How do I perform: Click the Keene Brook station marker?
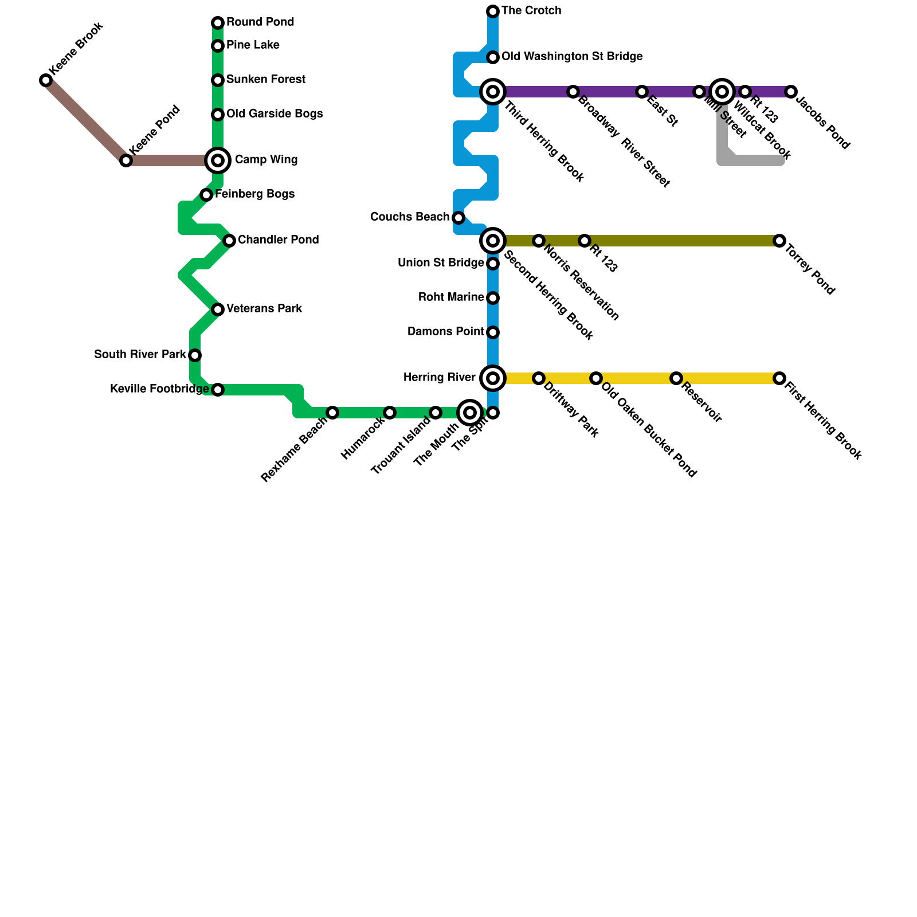(x=46, y=80)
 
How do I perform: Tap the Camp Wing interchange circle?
(x=218, y=160)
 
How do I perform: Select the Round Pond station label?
(x=260, y=22)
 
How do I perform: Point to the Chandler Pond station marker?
(x=229, y=241)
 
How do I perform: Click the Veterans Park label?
(x=264, y=309)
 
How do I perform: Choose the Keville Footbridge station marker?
(x=218, y=390)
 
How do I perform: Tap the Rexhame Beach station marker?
(x=332, y=413)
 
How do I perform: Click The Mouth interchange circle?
(x=470, y=413)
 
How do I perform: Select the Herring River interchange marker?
(x=493, y=378)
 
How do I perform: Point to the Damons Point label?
(x=446, y=332)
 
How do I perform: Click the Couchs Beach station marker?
(x=458, y=218)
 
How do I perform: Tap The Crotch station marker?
(x=493, y=11)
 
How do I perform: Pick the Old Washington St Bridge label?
(x=572, y=57)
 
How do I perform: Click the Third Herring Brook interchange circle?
(x=493, y=92)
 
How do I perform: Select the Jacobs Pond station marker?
(x=791, y=92)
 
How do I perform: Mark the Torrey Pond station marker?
(x=779, y=241)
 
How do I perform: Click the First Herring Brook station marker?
(x=779, y=378)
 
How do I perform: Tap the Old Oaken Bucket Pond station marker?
(x=596, y=378)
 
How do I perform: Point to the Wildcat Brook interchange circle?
(x=723, y=92)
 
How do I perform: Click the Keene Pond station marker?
(x=126, y=160)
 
